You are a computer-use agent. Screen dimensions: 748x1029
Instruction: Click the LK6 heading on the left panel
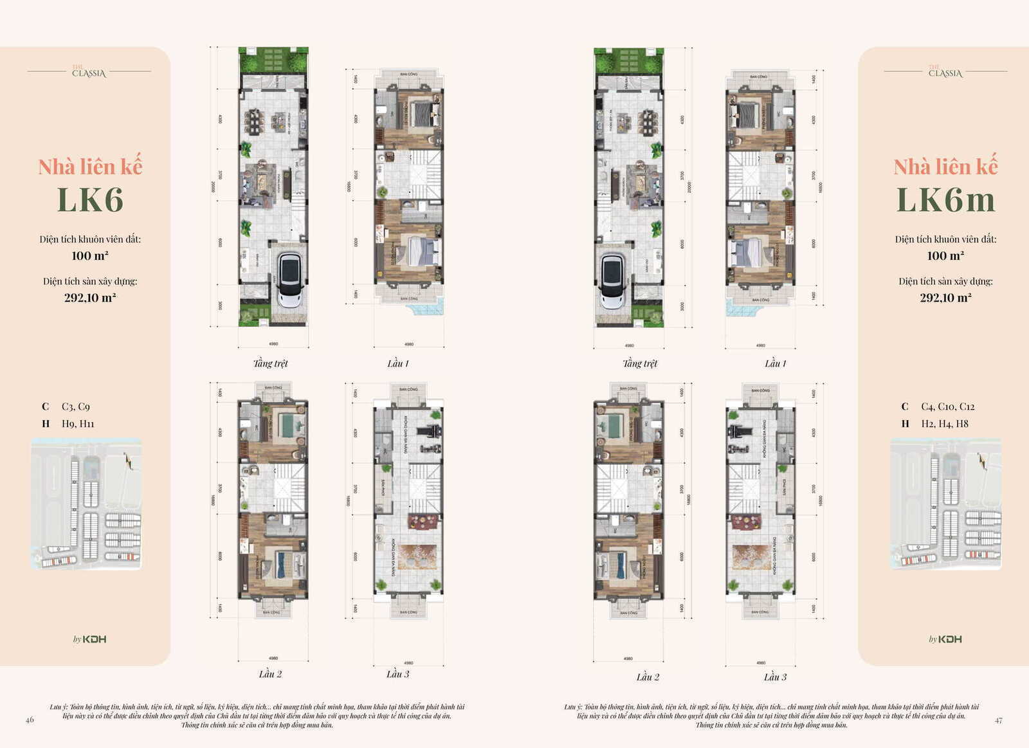[x=90, y=199]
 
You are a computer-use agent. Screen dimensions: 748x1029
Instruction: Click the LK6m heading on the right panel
[x=945, y=199]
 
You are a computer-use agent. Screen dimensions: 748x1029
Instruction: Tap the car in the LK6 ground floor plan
[x=290, y=280]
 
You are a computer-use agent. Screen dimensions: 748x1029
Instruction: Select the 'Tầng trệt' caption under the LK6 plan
[x=271, y=363]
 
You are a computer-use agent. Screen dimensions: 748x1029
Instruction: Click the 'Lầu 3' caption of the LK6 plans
[x=398, y=674]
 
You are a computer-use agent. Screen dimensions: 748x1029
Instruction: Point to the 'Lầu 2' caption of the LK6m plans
[x=648, y=677]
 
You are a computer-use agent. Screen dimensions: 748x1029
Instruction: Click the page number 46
[x=30, y=720]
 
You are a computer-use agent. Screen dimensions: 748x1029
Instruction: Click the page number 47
[x=998, y=720]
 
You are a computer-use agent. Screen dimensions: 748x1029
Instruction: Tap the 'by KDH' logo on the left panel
[x=89, y=639]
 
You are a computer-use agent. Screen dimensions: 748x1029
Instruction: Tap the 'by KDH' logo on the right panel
[x=945, y=639]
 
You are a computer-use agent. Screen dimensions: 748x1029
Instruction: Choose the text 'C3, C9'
[x=76, y=406]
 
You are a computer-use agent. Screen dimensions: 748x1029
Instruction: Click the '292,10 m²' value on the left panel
[x=90, y=298]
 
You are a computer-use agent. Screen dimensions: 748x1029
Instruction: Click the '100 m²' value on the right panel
[x=945, y=256]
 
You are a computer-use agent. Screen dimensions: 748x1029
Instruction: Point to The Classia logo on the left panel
[x=89, y=71]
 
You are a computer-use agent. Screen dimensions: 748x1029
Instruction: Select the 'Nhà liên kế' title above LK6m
[x=945, y=167]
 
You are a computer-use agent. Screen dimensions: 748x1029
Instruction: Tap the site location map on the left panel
[x=86, y=504]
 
